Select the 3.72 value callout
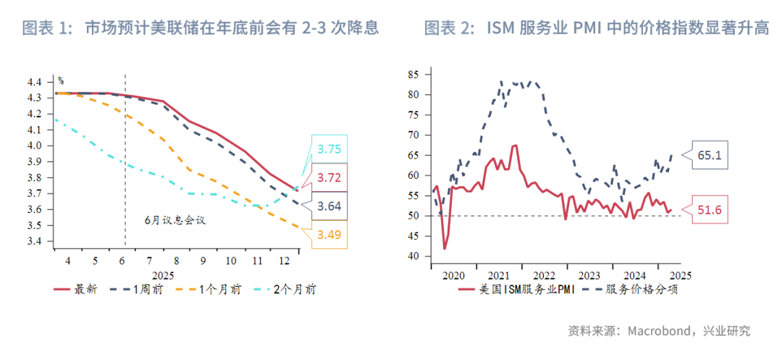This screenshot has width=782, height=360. (x=329, y=177)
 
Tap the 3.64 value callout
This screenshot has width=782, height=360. (x=329, y=206)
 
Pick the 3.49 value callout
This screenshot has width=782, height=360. (x=329, y=234)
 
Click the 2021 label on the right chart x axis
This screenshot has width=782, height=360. (x=499, y=275)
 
